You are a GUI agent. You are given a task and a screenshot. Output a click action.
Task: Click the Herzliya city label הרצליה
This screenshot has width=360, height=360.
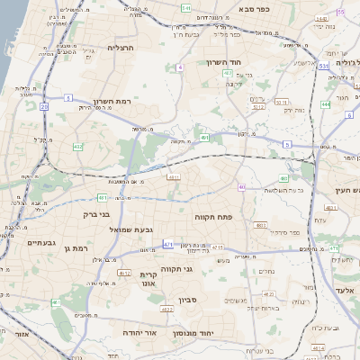(x=120, y=48)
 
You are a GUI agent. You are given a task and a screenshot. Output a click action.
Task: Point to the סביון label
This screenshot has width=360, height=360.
(x=187, y=300)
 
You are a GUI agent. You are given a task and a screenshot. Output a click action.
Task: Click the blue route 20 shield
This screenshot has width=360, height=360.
(x=44, y=105)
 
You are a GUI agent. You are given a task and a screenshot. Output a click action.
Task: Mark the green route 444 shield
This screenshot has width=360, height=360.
(x=325, y=104)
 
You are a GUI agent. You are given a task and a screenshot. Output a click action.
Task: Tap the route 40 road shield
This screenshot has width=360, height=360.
(x=242, y=187)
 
